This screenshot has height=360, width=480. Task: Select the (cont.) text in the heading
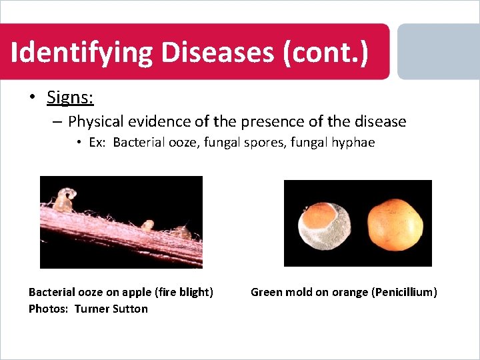325,53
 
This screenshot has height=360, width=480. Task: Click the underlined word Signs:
70,97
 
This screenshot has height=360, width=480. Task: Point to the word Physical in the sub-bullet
95,121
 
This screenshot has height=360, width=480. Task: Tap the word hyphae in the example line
354,143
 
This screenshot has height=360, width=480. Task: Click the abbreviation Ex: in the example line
97,143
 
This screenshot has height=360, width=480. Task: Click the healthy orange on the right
396,223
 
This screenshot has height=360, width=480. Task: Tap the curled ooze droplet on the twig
65,199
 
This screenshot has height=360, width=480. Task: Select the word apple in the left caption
135,292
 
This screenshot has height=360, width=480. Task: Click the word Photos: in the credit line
49,309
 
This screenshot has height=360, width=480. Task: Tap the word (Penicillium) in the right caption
405,292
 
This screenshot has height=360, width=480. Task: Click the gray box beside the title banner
438,52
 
